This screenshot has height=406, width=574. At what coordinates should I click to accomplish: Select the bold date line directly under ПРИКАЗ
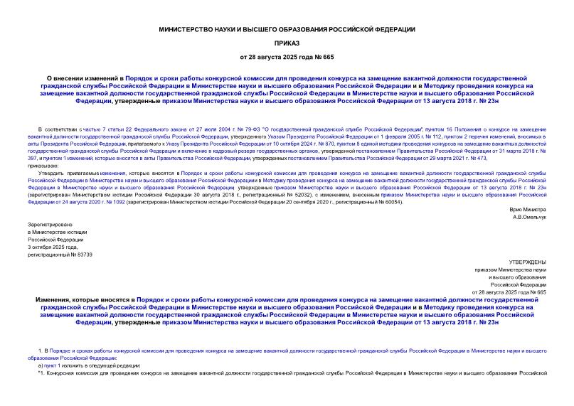(x=287, y=56)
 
